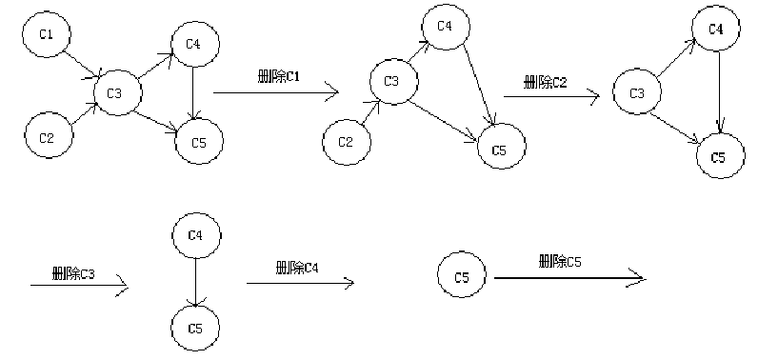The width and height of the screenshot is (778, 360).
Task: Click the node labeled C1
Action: pos(45,36)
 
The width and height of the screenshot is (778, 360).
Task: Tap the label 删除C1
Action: pos(279,76)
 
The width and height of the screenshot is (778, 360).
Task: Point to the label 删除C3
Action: pos(74,274)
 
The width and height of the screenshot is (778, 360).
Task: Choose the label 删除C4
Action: pos(296,268)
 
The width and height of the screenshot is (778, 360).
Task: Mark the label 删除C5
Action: pos(560,260)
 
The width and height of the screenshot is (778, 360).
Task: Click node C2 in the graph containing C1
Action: pos(46,137)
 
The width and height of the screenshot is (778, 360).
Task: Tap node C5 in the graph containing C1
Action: pos(199,143)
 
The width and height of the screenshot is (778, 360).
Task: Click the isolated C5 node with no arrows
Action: pos(462,277)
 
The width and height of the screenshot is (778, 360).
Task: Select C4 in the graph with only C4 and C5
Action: pos(195,233)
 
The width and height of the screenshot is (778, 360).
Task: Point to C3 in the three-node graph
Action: pos(637,93)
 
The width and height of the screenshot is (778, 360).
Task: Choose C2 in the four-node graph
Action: pos(346,142)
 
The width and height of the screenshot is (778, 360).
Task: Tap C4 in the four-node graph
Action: pos(444,26)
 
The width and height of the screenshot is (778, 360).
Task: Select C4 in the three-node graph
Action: pos(717,29)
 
